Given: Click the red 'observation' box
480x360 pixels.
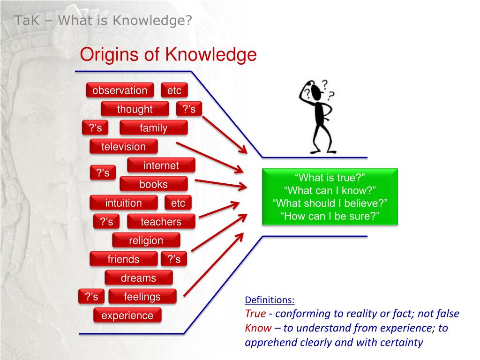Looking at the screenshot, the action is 120,90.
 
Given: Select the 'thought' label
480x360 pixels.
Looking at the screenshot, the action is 135,109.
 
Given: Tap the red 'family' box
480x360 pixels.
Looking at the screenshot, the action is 153,128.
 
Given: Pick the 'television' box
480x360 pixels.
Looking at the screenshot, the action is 124,147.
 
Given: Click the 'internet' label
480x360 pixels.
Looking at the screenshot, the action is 161,165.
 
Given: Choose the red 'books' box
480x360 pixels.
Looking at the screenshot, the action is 153,184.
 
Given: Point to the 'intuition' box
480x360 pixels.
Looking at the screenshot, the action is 123,203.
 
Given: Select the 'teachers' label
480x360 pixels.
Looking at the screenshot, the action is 161,222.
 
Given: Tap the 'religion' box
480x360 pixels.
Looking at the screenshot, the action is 146,240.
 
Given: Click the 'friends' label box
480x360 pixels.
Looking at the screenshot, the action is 123,259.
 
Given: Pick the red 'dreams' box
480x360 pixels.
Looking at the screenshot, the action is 138,278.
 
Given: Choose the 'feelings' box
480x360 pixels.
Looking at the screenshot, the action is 142,297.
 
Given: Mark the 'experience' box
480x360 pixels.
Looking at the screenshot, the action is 127,315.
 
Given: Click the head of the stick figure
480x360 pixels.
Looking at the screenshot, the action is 317,90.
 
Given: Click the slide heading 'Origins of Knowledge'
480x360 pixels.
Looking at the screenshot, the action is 168,55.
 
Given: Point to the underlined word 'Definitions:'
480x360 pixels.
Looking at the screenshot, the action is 270,300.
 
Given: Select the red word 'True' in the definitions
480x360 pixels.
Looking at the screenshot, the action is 255,314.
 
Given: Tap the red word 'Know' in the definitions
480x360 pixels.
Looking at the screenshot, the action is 258,328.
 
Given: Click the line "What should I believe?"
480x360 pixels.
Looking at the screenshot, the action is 330,203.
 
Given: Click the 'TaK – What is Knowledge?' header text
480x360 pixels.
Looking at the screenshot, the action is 103,21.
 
